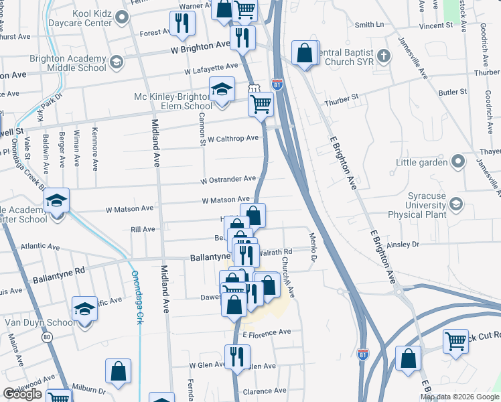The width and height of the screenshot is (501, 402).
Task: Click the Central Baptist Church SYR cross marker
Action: coord(383,55)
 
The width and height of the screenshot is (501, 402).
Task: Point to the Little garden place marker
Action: coord(458,161)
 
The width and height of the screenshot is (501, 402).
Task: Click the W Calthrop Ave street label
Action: coord(232,139)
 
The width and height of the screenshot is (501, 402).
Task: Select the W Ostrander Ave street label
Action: coord(228,180)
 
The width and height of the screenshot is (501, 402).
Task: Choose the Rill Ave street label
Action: coord(144,229)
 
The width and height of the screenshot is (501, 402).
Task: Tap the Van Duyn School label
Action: coord(40,322)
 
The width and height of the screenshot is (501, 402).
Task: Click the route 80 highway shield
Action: coord(47,337)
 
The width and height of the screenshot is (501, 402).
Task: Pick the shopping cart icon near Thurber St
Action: coord(261,104)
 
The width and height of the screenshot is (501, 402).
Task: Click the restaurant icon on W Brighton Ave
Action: coord(242,37)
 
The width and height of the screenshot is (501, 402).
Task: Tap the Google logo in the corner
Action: coord(22,394)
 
